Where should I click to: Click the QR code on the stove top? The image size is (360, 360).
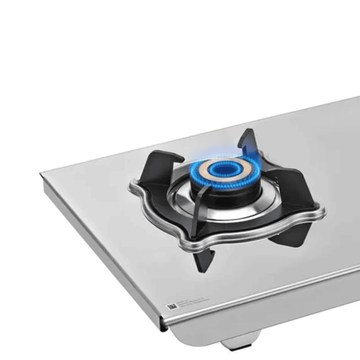pos(172,307)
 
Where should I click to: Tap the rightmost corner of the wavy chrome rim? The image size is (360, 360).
pos(324,212)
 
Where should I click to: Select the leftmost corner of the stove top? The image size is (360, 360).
pos(41,175)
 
